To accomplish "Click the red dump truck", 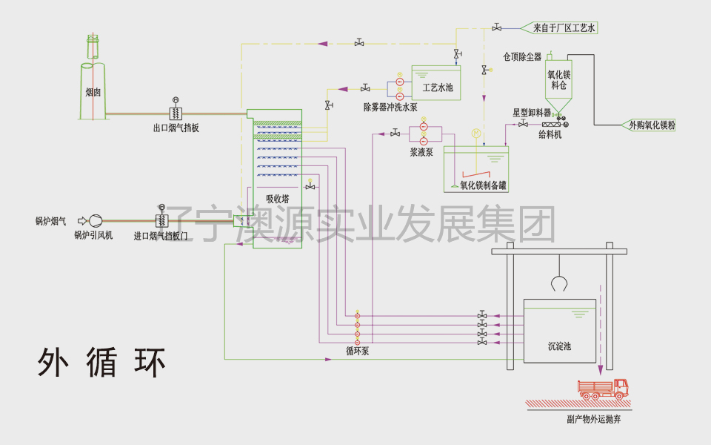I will coord(603,388).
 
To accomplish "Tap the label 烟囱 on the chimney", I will coord(93,93).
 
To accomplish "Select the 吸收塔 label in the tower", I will coord(278,199).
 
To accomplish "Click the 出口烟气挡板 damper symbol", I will coord(176,113).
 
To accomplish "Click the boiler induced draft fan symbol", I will coord(95,220).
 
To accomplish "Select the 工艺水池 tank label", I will coord(437,88).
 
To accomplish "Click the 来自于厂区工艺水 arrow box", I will coord(563,28).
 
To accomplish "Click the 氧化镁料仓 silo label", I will coord(558,80).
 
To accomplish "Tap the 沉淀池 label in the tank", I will coord(559,346).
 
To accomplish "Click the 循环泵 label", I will coord(357,352).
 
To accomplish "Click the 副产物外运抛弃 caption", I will coord(593,419).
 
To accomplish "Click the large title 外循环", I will coord(101,362).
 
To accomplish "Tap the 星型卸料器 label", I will coord(532,113).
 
